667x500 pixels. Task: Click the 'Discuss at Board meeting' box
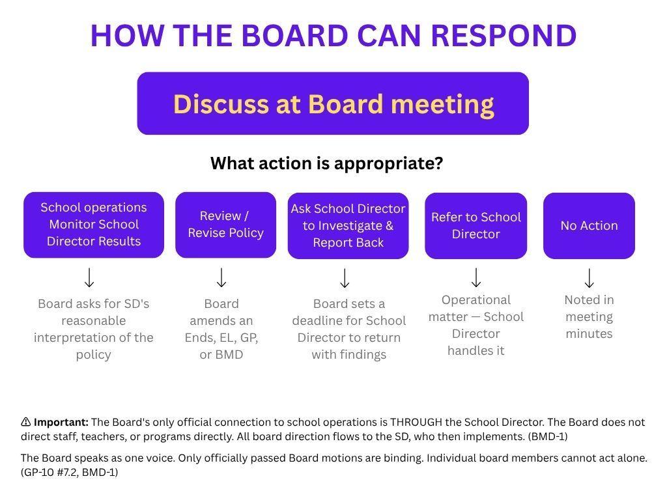click(333, 104)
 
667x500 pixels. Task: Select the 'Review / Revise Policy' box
click(225, 225)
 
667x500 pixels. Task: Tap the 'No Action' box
click(589, 225)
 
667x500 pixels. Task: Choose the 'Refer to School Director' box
click(475, 225)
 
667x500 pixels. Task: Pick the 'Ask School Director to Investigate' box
click(348, 225)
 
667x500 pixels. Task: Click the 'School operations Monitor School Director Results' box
click(94, 225)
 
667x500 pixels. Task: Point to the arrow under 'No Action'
click(589, 278)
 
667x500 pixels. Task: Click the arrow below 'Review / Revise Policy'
click(221, 277)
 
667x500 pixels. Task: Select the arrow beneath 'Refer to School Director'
click(476, 277)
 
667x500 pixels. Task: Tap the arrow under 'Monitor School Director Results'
click(89, 277)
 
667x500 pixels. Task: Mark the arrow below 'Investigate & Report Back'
click(345, 278)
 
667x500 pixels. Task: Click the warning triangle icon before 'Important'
click(25, 422)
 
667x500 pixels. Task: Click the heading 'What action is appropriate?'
click(327, 163)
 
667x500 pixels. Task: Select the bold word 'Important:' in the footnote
click(61, 422)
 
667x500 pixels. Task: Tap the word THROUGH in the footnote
click(416, 422)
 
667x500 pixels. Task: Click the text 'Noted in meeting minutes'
click(589, 317)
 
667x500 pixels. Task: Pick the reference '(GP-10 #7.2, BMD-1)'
click(69, 472)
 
